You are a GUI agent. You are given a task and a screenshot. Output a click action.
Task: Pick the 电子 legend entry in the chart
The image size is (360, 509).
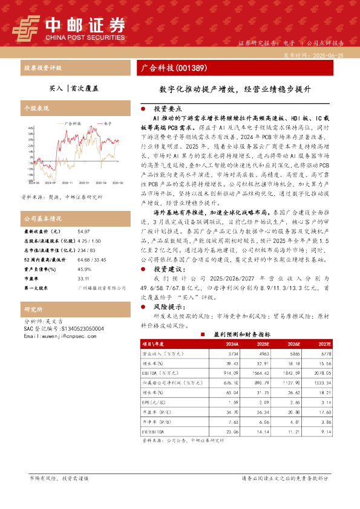(x=108, y=122)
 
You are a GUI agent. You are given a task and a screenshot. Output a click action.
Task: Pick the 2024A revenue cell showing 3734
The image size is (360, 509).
(x=233, y=352)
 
